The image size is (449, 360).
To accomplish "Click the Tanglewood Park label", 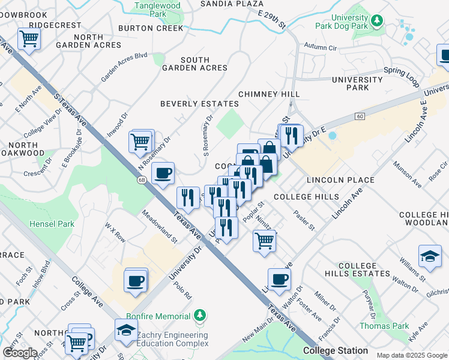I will point(149,9).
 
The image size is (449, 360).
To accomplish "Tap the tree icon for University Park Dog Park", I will point(377,21).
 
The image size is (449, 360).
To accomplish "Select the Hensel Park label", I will point(52,224).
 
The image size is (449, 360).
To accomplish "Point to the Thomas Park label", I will point(384,326).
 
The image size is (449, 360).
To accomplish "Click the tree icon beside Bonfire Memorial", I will point(200,316).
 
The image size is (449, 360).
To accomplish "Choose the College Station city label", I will point(335,350).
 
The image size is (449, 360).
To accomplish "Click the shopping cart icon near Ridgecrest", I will point(28,40).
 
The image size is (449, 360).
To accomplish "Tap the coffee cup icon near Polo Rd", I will point(136,280).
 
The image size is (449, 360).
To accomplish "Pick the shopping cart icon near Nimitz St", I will point(264,241).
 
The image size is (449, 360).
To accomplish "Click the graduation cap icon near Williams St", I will point(430,256).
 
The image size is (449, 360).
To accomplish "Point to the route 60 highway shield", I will point(360,116).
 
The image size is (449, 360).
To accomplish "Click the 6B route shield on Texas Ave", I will point(142,179).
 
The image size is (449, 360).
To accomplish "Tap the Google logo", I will point(20,353).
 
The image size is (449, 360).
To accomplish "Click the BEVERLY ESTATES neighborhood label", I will point(199,104).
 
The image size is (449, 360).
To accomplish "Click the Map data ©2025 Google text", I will point(411,355).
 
